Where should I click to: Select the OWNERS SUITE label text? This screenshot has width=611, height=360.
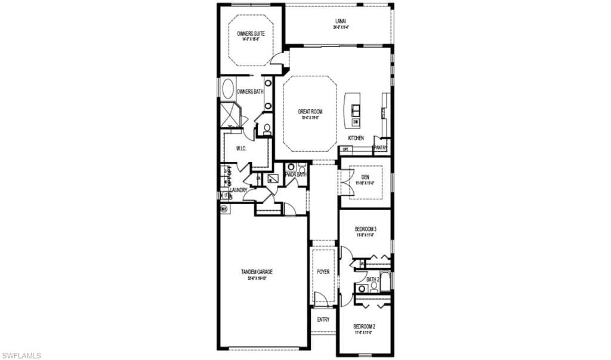click(x=251, y=34)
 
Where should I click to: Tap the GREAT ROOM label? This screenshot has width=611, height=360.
click(x=310, y=111)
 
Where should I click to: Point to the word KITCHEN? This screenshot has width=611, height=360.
click(x=356, y=138)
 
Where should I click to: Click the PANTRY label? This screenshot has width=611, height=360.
click(x=381, y=147)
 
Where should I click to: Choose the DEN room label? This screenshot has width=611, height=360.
click(x=365, y=177)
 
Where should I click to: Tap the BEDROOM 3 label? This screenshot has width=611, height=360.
click(x=365, y=229)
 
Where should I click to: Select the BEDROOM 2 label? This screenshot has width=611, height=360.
click(x=364, y=326)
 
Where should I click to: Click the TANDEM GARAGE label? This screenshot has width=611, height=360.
click(x=257, y=272)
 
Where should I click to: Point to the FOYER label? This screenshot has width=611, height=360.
click(x=323, y=272)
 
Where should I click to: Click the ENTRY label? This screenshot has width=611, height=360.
click(x=323, y=319)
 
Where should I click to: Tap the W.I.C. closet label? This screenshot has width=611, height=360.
click(x=241, y=148)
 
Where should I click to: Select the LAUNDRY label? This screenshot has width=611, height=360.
click(x=239, y=190)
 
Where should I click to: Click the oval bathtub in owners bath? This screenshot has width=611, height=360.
click(x=228, y=90)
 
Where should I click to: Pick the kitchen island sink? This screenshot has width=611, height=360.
click(x=356, y=109)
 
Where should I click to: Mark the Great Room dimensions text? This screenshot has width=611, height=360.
click(x=310, y=118)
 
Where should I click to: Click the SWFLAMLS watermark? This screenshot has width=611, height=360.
click(x=21, y=355)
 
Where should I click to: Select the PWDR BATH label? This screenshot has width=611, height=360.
click(x=296, y=174)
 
